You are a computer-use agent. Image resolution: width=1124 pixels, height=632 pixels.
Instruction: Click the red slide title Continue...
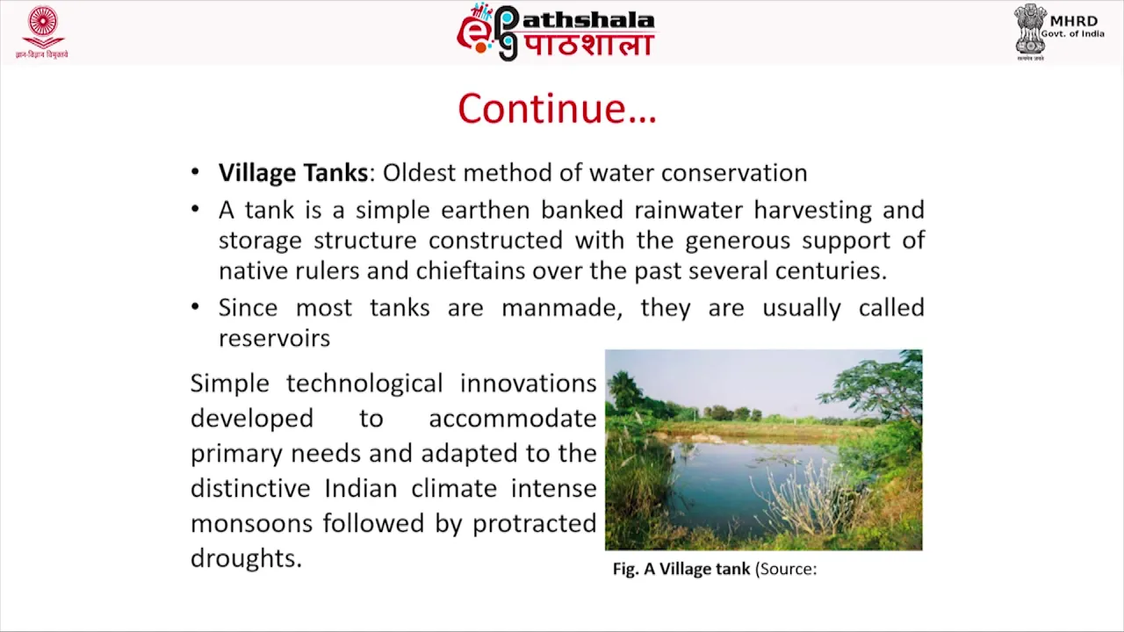coord(557,108)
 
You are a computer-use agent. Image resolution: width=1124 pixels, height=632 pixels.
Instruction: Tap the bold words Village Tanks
coord(293,173)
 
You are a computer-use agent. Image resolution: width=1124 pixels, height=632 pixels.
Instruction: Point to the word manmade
coord(562,308)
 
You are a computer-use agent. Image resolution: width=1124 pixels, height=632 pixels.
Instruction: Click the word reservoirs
coord(275,338)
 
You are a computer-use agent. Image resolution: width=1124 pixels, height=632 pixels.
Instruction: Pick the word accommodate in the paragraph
coord(512,419)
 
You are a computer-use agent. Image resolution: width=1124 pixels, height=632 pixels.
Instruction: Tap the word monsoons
coord(252,523)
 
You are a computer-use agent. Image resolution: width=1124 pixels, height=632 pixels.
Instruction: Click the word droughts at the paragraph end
coord(247,557)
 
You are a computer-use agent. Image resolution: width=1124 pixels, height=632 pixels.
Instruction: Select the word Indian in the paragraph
coord(361,488)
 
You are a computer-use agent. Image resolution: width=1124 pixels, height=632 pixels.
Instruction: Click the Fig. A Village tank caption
coord(681,570)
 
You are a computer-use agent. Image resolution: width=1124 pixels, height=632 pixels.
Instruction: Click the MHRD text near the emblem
coord(1074,21)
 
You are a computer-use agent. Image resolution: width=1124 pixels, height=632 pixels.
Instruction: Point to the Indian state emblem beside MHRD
coord(1030,31)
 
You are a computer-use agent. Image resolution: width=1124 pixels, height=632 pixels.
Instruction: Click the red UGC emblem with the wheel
coord(42,28)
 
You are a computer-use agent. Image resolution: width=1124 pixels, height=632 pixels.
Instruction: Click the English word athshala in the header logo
coord(588,20)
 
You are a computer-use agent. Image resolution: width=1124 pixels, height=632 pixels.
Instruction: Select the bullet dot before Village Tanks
coord(195,173)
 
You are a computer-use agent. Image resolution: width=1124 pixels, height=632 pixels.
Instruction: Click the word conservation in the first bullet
coord(734,173)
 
